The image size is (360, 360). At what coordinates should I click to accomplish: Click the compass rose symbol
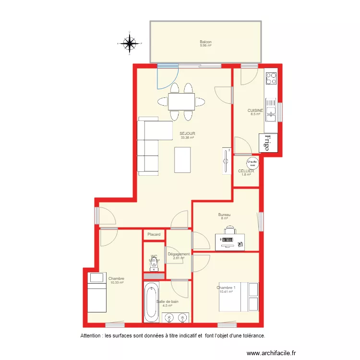[x=128, y=43]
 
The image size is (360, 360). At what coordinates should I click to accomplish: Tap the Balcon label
[x=206, y=42]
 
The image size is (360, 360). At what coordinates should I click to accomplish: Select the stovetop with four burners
[x=271, y=78]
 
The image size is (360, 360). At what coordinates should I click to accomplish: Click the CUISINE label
[x=255, y=110]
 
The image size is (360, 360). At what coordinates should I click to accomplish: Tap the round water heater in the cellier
[x=252, y=163]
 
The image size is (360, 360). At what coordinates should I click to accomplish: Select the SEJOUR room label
[x=187, y=133]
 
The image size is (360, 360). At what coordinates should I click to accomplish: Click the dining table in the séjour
[x=181, y=102]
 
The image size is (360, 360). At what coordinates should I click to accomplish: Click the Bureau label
[x=224, y=215]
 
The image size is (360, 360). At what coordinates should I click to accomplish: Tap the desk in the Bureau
[x=229, y=242]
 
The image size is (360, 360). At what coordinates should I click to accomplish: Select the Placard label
[x=154, y=234]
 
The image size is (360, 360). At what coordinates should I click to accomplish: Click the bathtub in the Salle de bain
[x=152, y=302]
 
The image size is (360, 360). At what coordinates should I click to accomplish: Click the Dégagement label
[x=179, y=254]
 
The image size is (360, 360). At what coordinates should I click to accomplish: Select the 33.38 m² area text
[x=187, y=138]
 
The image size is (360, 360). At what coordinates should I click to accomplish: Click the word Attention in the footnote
[x=91, y=336]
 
